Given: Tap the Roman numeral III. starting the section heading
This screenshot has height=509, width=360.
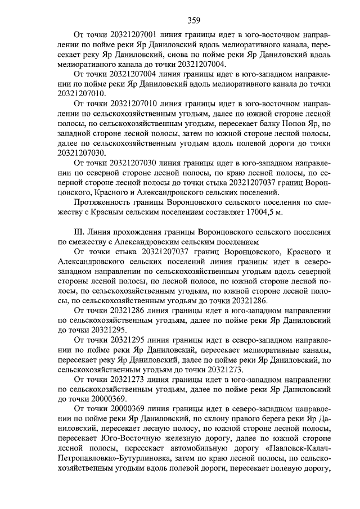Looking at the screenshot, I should tap(80, 232).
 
